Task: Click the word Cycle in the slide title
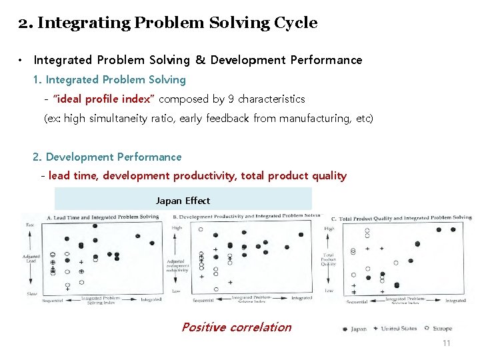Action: tap(295, 23)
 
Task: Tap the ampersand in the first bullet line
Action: tap(200, 60)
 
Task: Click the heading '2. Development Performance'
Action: tap(107, 157)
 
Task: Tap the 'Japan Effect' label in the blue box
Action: tap(183, 201)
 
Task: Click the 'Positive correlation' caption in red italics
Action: tap(236, 327)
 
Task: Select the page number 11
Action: tap(446, 343)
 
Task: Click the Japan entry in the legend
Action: tap(355, 329)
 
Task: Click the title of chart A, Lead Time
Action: tap(103, 217)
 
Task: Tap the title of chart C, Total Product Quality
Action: tap(401, 218)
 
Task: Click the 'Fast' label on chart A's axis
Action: tap(30, 225)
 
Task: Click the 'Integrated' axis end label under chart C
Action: tap(455, 301)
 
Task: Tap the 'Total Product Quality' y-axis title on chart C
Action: tap(329, 259)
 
